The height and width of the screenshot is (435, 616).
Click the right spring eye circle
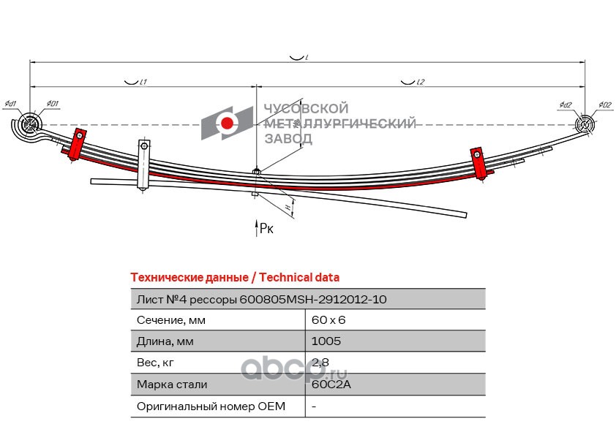[585, 125]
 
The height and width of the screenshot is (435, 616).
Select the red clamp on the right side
[479, 164]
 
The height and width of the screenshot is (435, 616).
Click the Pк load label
[267, 230]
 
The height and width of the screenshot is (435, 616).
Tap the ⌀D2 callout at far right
[604, 105]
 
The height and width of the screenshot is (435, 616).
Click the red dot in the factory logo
[228, 124]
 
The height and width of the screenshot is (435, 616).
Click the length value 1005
[326, 341]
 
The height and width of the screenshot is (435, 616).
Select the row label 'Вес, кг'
[156, 363]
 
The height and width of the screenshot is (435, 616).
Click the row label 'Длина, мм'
[165, 341]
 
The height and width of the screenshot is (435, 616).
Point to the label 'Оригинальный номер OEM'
[211, 406]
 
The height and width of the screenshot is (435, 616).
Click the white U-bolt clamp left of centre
[144, 167]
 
